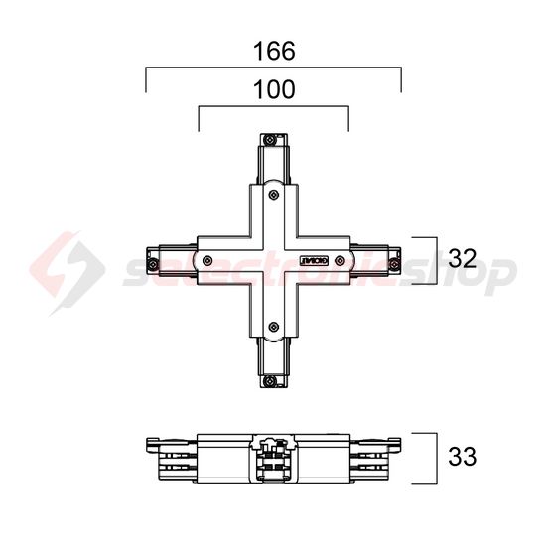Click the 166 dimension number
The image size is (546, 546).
(x=273, y=49)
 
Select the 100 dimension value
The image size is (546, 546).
(x=273, y=89)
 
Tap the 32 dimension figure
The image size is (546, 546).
(x=463, y=259)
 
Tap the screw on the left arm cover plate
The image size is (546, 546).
(x=207, y=260)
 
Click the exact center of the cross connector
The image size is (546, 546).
(x=273, y=259)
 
